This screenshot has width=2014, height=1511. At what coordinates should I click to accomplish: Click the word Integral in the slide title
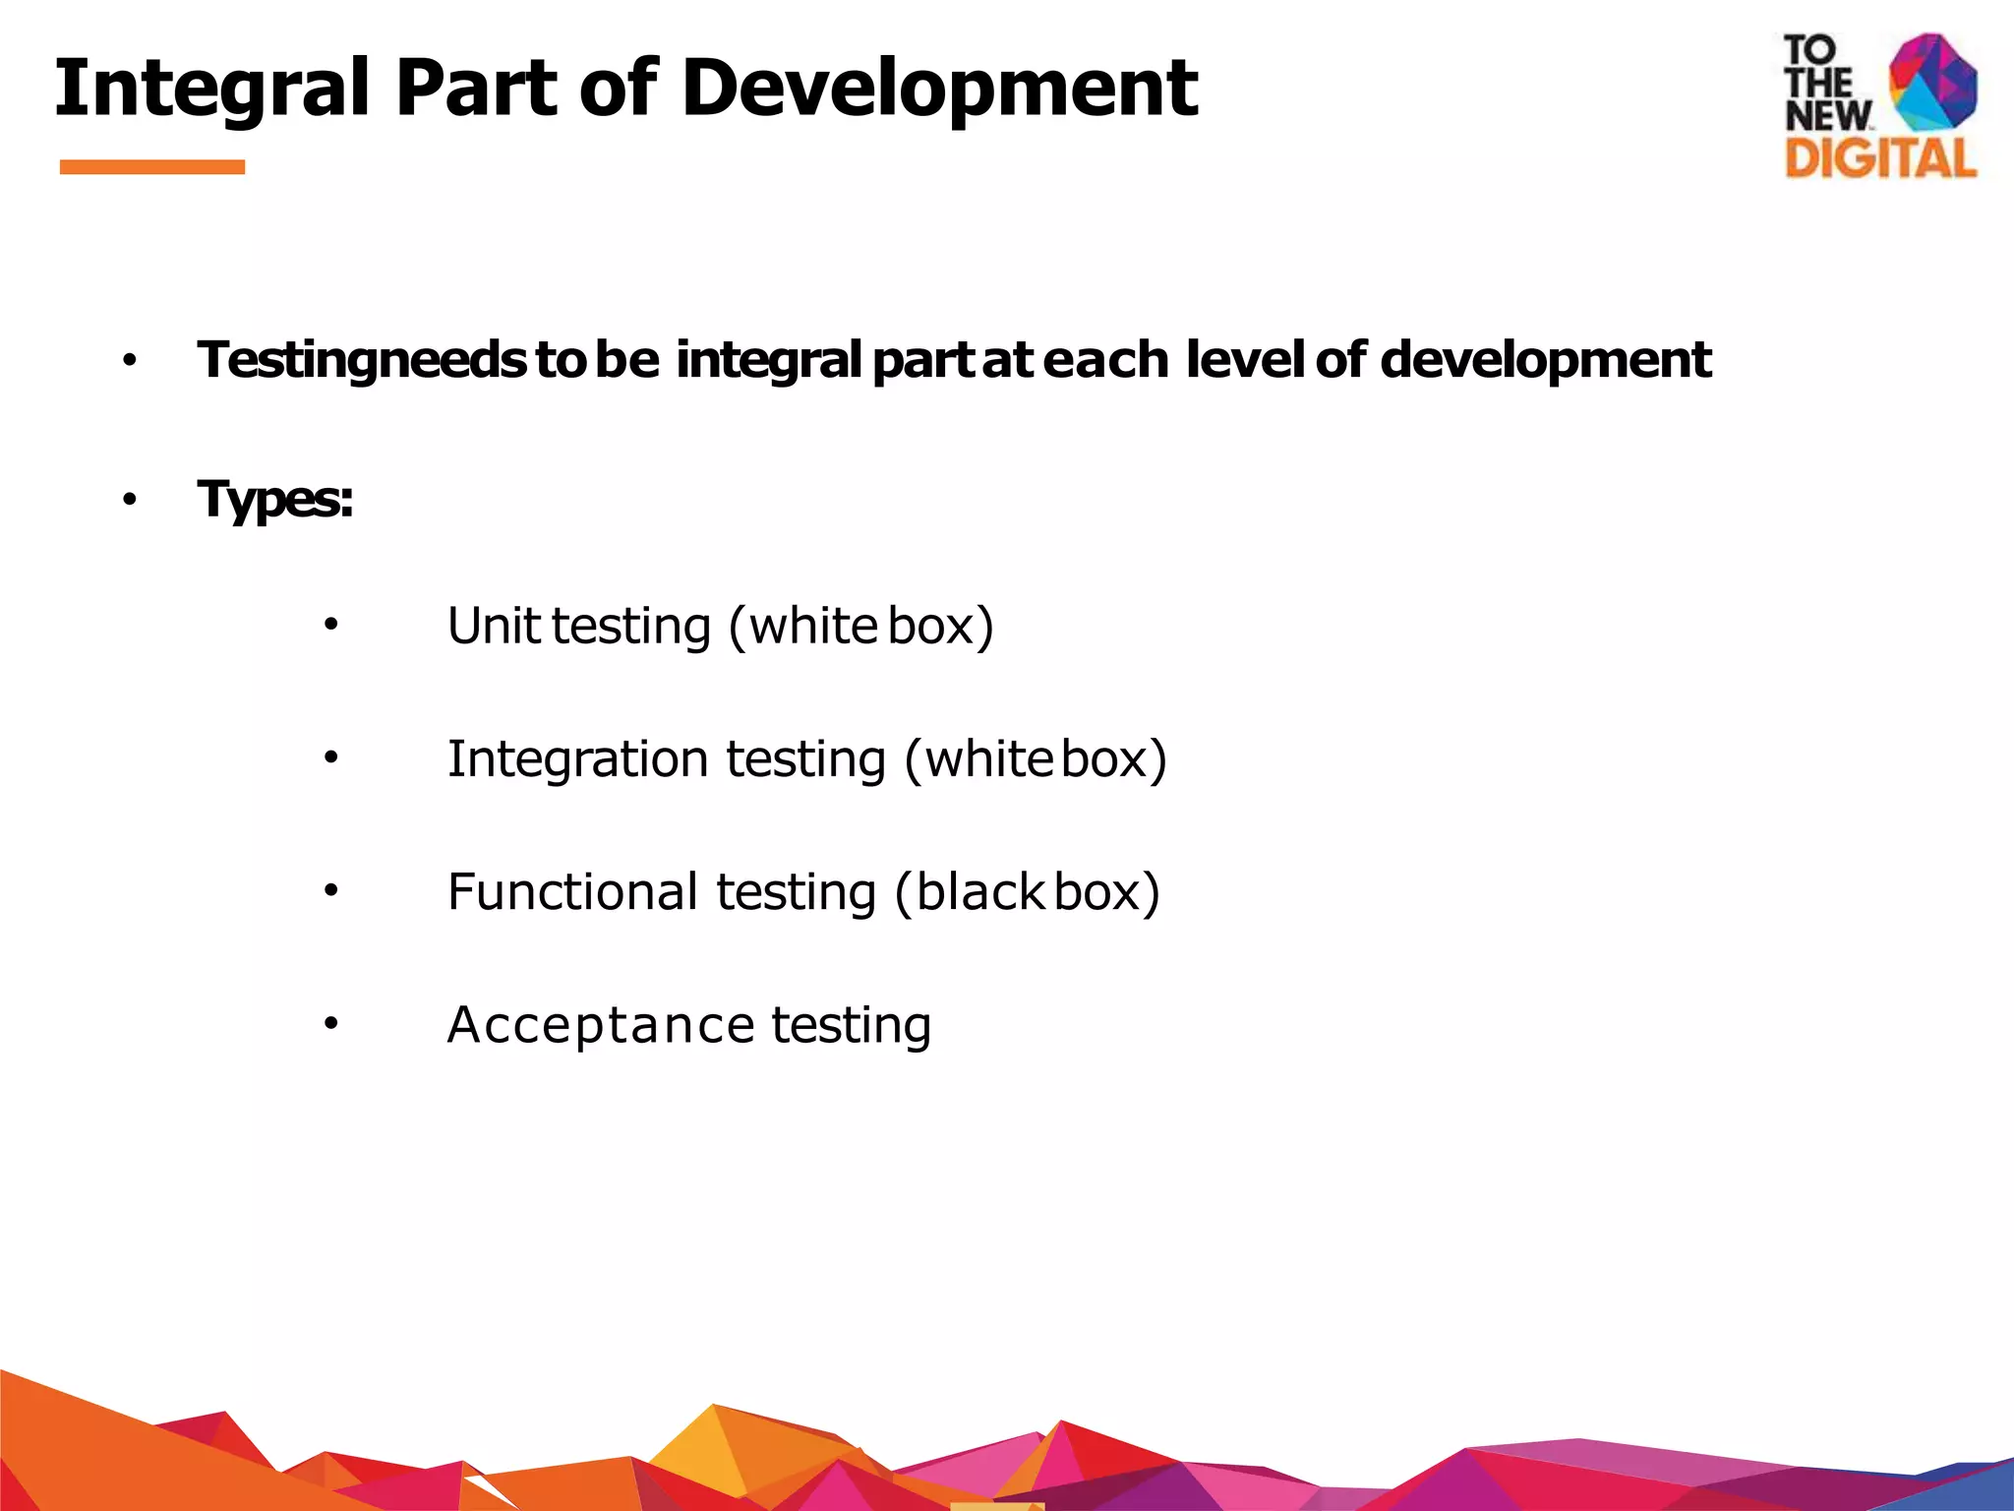[212, 89]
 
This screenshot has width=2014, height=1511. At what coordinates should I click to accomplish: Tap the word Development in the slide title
[939, 89]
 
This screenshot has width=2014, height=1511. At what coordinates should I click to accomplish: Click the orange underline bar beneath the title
[152, 167]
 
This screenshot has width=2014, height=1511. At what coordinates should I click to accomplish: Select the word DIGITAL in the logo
[1880, 158]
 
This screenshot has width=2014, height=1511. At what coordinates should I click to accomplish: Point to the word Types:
[275, 499]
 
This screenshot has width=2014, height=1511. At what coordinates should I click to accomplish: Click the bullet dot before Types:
[130, 501]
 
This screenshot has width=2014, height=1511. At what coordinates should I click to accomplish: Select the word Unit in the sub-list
[494, 626]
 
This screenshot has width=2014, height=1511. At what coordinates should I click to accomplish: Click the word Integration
[577, 759]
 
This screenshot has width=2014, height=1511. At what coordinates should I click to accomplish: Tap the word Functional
[572, 892]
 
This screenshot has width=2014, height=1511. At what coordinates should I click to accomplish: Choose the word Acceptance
[601, 1025]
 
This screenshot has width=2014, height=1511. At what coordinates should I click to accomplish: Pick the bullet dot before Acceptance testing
[331, 1024]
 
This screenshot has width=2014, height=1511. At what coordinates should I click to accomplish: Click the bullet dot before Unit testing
[331, 625]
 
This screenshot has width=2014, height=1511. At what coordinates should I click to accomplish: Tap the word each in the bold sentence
[1105, 359]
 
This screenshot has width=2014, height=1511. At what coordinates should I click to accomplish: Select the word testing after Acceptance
[851, 1025]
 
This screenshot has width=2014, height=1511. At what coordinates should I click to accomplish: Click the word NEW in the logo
[1827, 116]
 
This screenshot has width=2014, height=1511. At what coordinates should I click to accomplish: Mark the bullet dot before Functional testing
[331, 891]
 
